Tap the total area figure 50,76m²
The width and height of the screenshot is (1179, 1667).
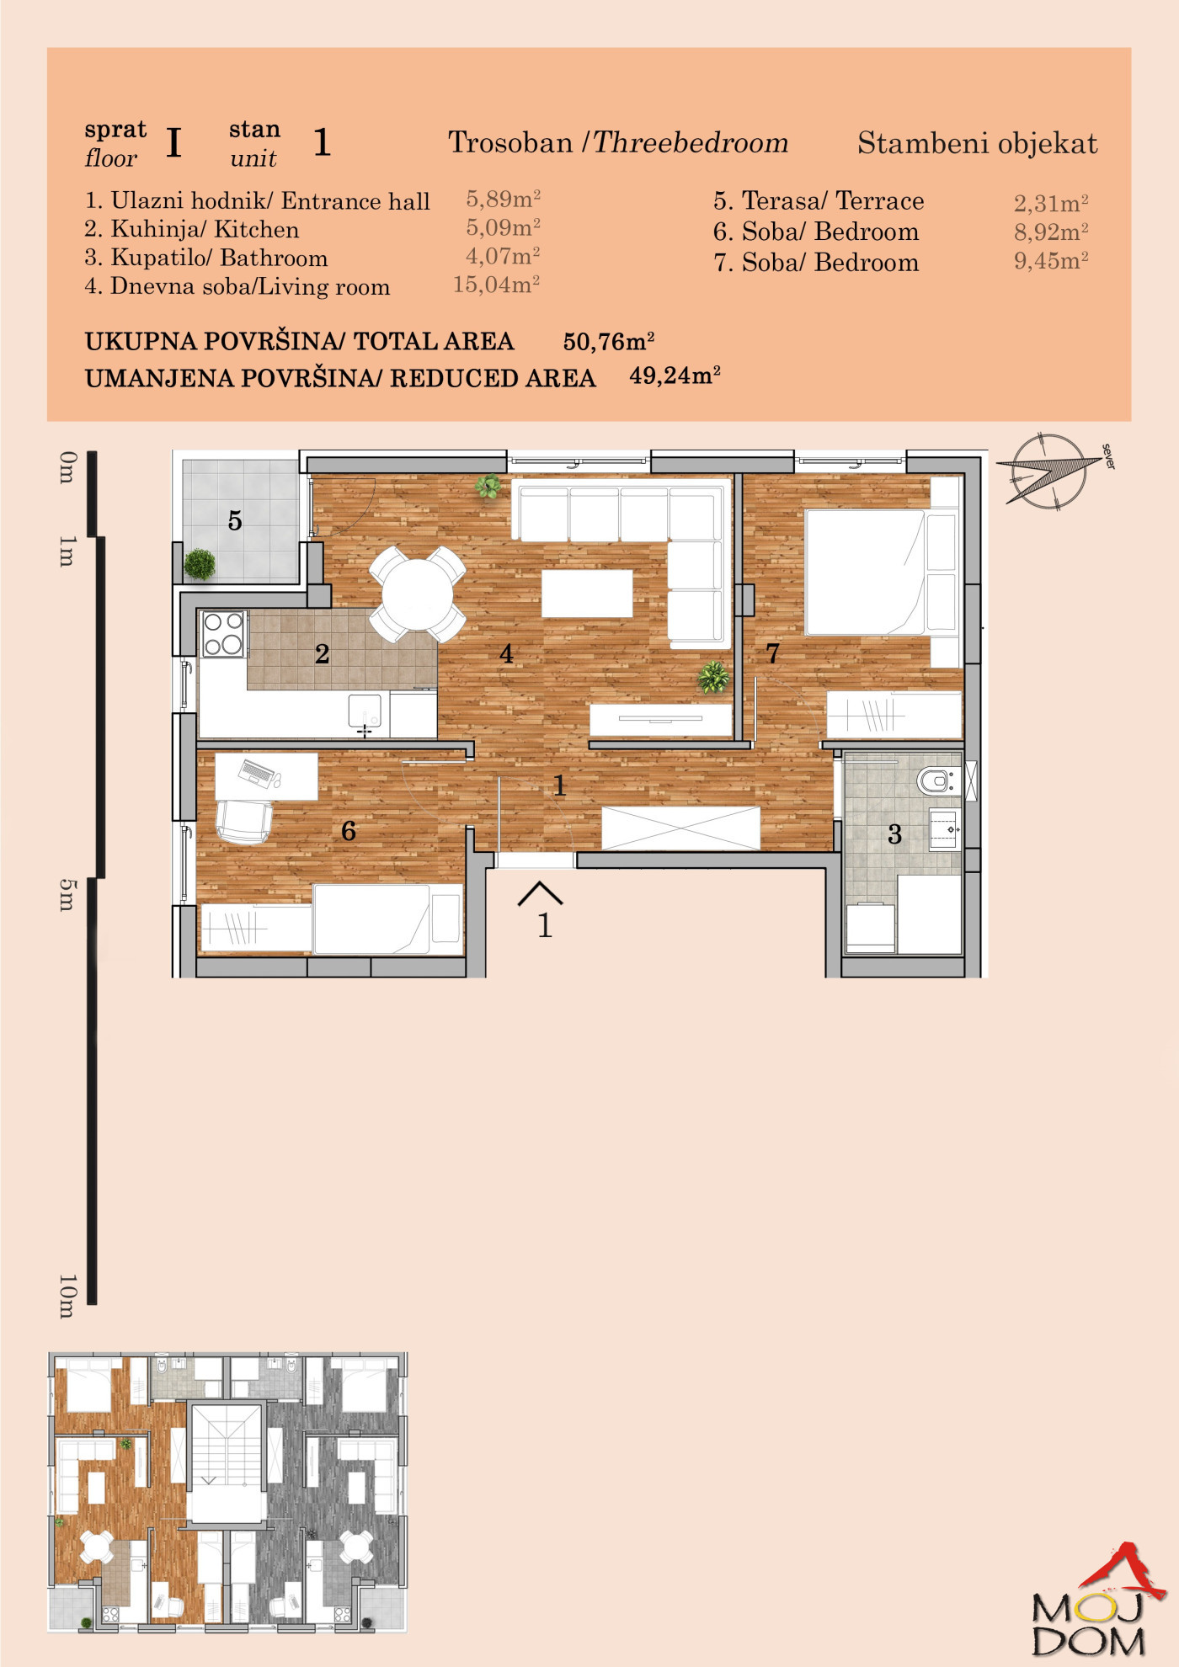(609, 341)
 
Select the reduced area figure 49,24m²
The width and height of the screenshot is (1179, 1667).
(675, 375)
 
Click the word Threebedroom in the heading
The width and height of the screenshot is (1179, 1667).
(691, 142)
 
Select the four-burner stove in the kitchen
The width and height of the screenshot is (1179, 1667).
(223, 634)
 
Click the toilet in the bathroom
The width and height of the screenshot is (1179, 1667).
(936, 781)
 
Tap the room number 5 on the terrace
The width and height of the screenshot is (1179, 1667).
(235, 521)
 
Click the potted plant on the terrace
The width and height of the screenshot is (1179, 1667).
(200, 564)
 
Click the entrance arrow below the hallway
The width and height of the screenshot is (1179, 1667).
(540, 893)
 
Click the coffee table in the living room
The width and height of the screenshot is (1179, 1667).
(587, 594)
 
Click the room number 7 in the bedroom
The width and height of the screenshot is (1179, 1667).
(772, 653)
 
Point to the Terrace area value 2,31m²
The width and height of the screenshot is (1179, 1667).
(1051, 203)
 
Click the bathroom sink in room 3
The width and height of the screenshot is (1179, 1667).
(946, 829)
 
